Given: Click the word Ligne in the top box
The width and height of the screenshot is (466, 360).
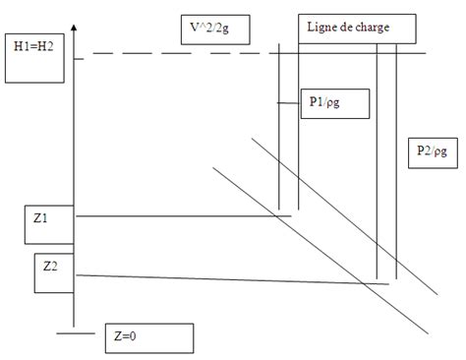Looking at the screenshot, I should (x=323, y=28).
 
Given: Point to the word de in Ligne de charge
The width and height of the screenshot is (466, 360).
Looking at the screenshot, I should (x=349, y=28).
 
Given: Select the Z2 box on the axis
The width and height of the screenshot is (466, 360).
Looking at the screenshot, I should (x=55, y=272).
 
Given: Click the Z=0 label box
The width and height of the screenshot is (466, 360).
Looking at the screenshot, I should (x=147, y=336).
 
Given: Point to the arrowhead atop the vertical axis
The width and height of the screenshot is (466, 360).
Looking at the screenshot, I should (x=76, y=20).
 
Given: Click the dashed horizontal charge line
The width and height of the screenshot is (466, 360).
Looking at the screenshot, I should (x=197, y=53).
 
